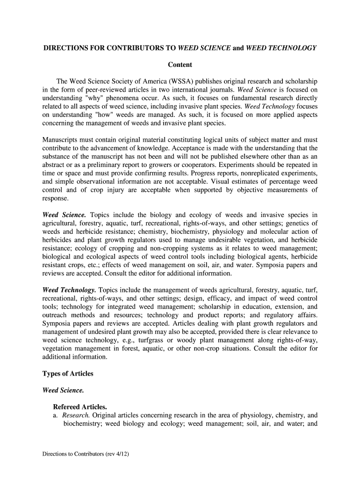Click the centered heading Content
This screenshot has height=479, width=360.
click(180, 65)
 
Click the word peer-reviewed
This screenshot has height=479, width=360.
click(100, 89)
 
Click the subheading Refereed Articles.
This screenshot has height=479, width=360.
click(80, 406)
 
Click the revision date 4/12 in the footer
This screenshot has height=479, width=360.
click(121, 453)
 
